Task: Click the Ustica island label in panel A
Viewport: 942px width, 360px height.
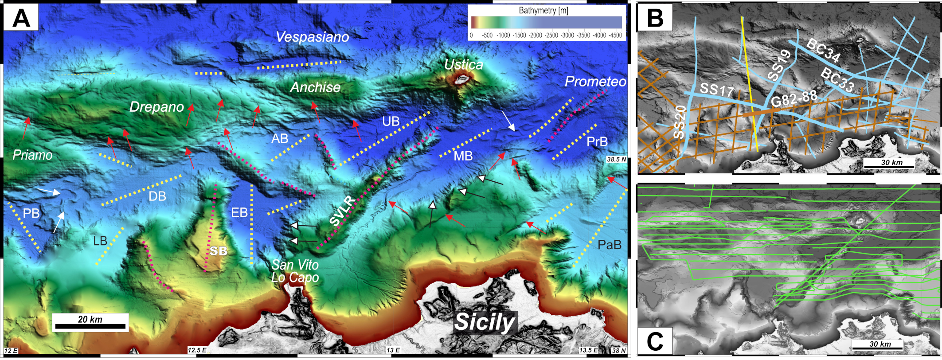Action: click(463, 65)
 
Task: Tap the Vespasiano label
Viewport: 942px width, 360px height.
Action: click(312, 37)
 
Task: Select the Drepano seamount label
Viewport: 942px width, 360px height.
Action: click(156, 107)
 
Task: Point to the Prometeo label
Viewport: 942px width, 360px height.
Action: click(595, 82)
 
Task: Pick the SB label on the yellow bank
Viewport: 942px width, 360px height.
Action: click(218, 251)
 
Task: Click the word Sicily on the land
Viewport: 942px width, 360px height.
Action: click(485, 321)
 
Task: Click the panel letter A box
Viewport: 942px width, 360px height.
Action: click(21, 18)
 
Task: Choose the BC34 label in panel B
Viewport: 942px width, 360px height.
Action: click(823, 50)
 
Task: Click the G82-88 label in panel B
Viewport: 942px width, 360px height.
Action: click(793, 99)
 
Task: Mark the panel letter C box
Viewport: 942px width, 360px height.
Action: click(655, 341)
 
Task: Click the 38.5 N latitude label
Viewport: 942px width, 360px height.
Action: click(617, 159)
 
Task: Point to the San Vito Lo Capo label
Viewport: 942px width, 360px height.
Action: click(295, 271)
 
